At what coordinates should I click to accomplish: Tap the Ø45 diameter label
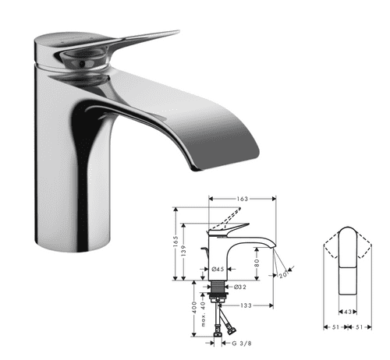[218, 270]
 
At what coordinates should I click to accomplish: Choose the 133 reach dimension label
[244, 305]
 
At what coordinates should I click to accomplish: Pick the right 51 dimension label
[360, 328]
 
